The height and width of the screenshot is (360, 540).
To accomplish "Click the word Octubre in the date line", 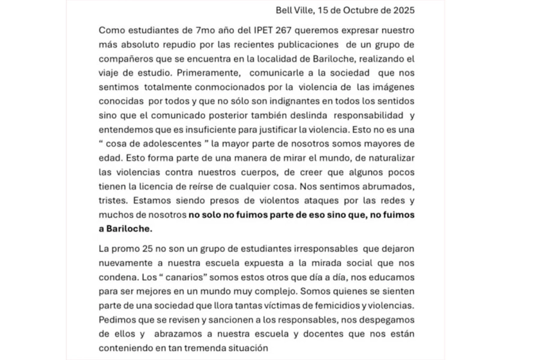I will click(x=361, y=10).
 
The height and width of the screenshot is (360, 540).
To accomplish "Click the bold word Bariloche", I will click(x=128, y=228).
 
